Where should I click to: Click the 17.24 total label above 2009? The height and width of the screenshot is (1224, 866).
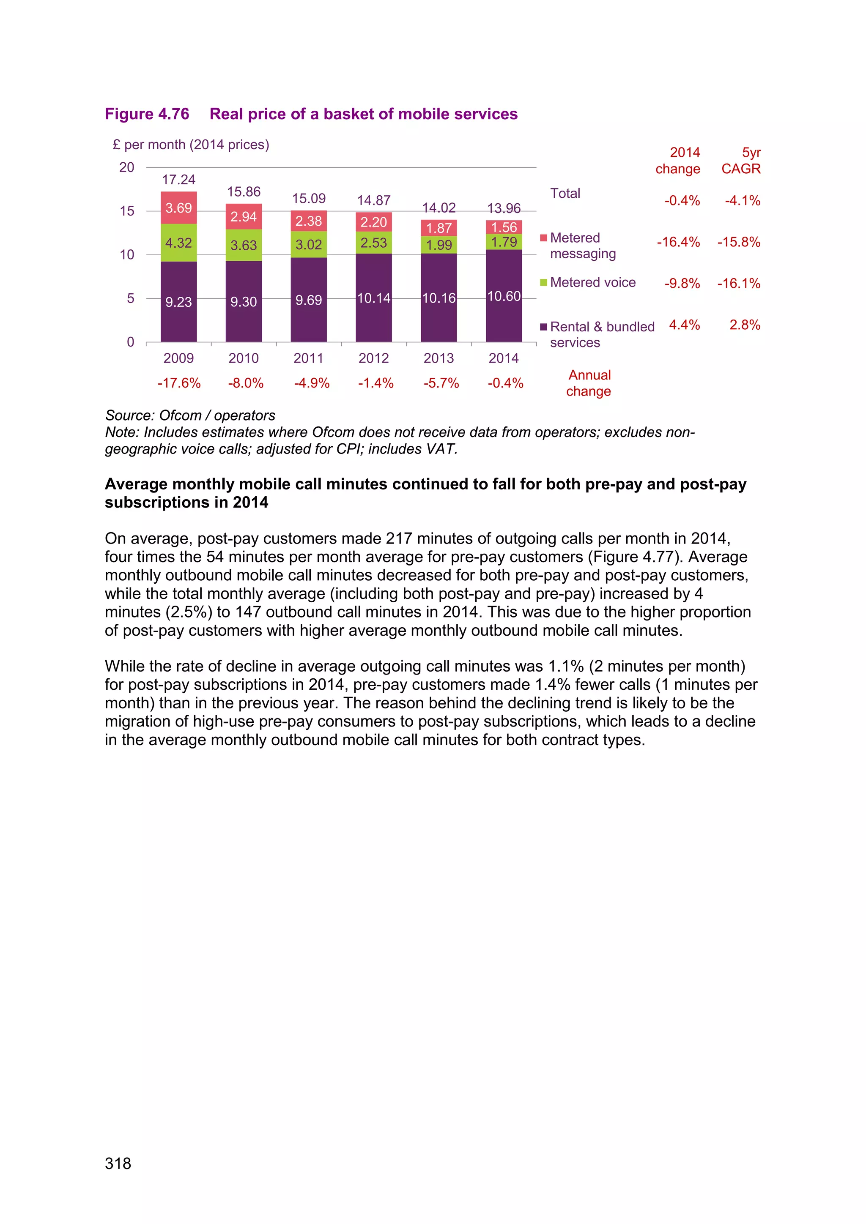178,180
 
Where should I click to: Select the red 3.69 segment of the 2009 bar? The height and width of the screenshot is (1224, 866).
178,208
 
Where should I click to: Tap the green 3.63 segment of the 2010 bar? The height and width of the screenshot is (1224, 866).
244,245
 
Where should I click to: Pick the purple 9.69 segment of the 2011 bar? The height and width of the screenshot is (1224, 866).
309,300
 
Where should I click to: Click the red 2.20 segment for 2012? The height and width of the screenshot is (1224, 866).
374,222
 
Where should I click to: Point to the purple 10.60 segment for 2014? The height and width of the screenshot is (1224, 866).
504,296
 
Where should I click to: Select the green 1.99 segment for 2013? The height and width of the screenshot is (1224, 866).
439,245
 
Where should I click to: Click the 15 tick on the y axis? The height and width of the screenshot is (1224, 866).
127,211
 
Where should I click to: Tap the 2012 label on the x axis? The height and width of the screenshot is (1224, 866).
374,358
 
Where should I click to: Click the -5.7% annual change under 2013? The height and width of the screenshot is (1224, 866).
441,383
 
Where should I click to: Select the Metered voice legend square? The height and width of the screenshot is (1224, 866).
543,283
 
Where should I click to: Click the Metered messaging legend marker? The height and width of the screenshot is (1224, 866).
543,238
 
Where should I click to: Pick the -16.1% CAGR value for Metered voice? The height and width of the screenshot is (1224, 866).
739,284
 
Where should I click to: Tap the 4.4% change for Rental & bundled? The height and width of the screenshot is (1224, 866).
684,325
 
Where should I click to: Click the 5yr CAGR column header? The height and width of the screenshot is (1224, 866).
741,161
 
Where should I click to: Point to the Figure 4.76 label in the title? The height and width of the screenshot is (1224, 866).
147,114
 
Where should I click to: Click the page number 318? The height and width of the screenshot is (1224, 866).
118,1163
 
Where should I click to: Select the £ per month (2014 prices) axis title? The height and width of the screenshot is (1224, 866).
191,145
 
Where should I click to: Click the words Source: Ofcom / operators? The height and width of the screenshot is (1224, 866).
190,415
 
